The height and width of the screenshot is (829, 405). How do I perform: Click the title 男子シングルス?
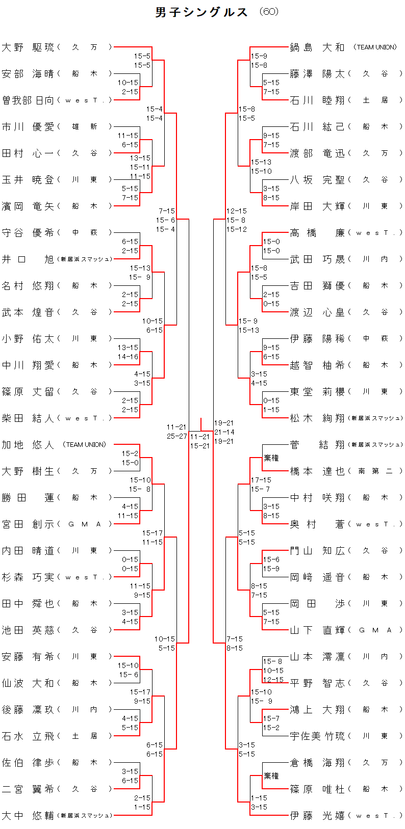(x=201, y=12)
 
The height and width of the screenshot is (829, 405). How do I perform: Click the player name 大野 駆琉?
(x=28, y=47)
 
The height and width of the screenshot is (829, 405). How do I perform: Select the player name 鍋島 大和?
(x=317, y=47)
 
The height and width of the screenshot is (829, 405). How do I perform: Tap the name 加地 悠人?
(x=28, y=445)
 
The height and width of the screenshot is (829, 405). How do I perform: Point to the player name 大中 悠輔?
(x=28, y=816)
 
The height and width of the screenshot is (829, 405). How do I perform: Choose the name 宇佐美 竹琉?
(x=317, y=736)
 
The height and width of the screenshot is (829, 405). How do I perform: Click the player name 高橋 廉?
(x=317, y=233)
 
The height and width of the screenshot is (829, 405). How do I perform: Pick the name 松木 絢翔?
(x=317, y=418)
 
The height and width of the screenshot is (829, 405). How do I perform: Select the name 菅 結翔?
(x=317, y=445)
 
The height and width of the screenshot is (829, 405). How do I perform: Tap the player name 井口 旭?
(x=28, y=259)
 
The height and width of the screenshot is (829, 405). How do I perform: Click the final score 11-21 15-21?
(x=200, y=441)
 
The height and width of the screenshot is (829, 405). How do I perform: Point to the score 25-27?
(x=176, y=437)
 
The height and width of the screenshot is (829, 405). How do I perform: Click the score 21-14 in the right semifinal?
(x=224, y=432)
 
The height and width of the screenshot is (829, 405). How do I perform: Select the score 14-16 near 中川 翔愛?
(x=128, y=357)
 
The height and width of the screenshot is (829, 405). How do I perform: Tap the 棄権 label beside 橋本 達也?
(x=271, y=458)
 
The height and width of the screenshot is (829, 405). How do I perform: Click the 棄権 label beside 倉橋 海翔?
(x=271, y=776)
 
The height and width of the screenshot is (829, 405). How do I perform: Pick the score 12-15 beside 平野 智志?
(x=273, y=680)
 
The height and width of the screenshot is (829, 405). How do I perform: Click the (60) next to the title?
(x=269, y=12)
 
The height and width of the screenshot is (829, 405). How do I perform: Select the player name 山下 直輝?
(x=317, y=630)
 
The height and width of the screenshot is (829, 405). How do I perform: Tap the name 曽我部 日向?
(x=28, y=100)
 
